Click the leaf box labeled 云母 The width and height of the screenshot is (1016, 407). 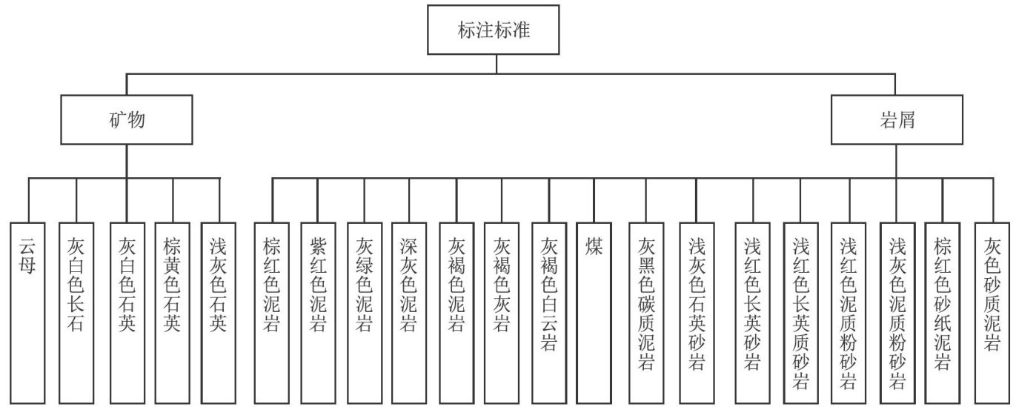coord(30,311)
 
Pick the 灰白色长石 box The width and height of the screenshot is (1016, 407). coord(76,311)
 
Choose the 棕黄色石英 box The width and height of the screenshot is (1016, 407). coord(173,311)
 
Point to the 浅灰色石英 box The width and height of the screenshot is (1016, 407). coord(219,311)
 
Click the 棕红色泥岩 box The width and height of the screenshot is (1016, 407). coord(272,311)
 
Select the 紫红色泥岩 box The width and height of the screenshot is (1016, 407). coord(318,311)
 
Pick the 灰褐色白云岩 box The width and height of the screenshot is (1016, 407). coord(549,311)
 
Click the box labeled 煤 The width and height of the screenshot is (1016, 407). coord(595,311)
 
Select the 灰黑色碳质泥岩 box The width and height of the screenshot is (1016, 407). coord(645,311)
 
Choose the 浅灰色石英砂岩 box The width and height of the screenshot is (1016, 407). coord(697,311)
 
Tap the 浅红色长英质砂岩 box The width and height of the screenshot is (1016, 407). coord(800,311)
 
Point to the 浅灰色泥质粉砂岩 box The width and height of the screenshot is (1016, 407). coord(897,311)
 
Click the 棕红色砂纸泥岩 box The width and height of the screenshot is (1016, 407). coord(943,311)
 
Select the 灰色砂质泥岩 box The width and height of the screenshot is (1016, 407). coord(993,311)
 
